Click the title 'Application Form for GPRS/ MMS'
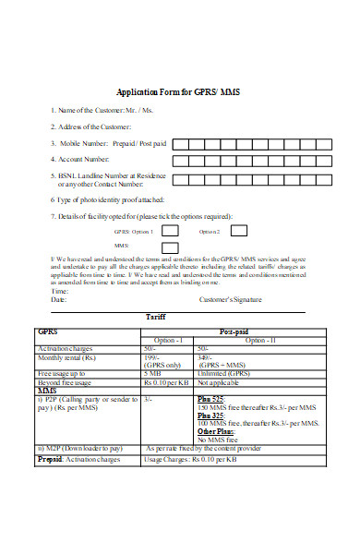pyautogui.click(x=180, y=92)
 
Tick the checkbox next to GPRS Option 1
pyautogui.click(x=170, y=231)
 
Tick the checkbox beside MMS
pyautogui.click(x=170, y=247)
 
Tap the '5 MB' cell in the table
pyautogui.click(x=153, y=373)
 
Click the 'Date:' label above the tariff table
pyautogui.click(x=59, y=300)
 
